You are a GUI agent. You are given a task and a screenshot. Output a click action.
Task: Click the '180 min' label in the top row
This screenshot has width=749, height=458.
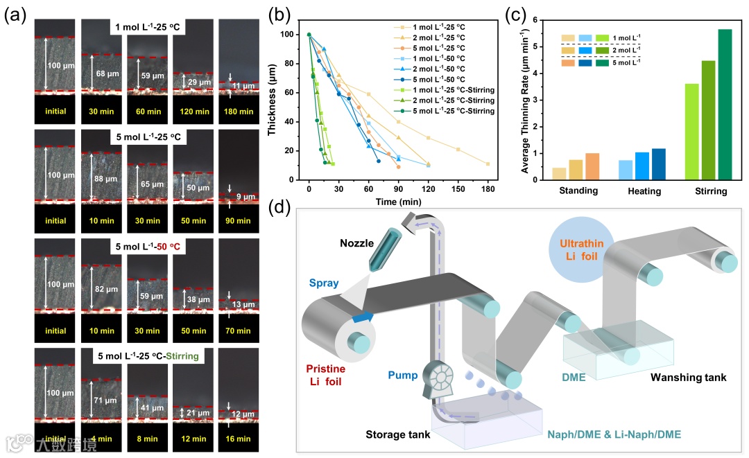coord(239,110)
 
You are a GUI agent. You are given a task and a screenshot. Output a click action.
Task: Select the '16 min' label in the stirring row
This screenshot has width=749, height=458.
coord(239,439)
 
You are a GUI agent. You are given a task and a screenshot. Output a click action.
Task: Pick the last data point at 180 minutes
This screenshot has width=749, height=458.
coord(488,164)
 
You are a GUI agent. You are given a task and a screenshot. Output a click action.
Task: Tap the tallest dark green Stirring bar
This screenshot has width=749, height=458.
coord(724,104)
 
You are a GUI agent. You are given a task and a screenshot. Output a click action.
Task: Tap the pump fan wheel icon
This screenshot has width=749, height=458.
coord(442,379)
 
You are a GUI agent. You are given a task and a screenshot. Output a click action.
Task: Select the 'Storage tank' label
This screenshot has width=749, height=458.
coord(397,435)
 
